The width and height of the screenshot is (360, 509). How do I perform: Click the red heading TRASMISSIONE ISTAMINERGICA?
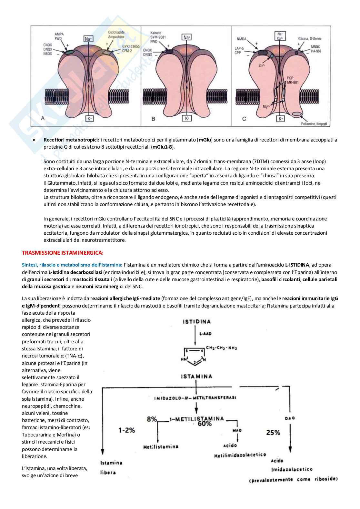pos(63,252)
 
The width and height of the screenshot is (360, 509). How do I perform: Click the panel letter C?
pos(244,119)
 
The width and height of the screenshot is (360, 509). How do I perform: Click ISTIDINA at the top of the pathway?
pos(196,321)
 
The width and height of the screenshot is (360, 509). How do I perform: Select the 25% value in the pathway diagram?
pos(273,432)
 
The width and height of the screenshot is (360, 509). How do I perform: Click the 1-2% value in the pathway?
pos(126,430)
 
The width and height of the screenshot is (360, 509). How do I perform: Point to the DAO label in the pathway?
pos(290,418)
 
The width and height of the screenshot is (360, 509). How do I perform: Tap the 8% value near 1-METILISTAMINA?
pos(152,419)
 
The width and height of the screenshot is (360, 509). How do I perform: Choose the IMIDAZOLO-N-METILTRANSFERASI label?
pos(195,397)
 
